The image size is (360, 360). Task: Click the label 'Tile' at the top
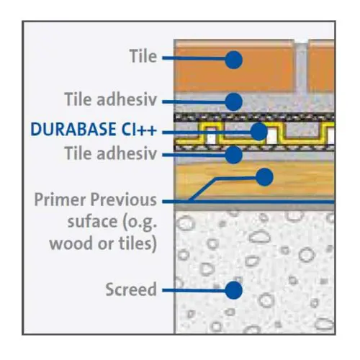143,56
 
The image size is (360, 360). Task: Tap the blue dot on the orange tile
233,60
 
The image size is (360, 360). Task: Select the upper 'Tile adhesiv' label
111,99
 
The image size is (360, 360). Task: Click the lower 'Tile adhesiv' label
111,153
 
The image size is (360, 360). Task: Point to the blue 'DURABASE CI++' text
94,129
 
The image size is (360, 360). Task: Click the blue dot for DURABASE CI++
258,132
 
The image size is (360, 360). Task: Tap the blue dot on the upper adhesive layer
233,102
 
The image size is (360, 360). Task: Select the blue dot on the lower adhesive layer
233,155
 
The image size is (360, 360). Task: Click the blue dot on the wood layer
264,177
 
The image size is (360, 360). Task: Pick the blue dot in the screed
233,290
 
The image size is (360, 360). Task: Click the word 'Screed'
131,289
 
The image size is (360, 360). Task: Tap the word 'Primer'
60,199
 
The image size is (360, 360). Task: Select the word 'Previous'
124,199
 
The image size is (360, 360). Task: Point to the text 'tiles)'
138,243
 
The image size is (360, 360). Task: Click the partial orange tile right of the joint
321,66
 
